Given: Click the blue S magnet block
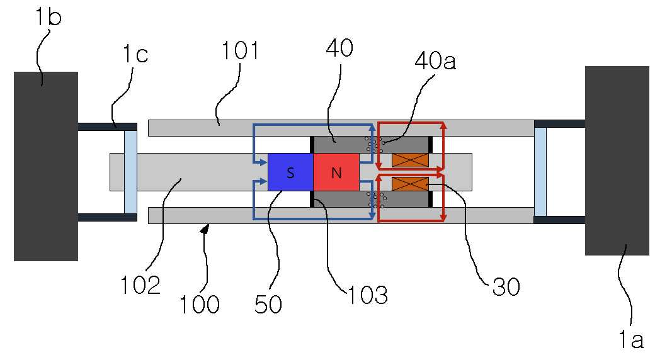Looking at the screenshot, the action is coord(290,172).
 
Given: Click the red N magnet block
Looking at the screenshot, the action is coord(336,172).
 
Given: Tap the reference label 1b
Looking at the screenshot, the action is coord(48,18).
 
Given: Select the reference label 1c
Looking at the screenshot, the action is coord(135,54).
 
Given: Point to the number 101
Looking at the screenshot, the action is coord(240,50).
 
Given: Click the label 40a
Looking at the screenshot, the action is coord(435,61).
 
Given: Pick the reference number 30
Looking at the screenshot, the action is coord(506,287).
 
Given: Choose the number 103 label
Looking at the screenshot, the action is coord(368,295).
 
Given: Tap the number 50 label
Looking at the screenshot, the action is coord(268,304).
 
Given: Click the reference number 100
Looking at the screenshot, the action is coord(200,304).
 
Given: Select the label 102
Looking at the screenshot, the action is coord(140,286).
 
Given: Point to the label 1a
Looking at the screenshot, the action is coord(631,339).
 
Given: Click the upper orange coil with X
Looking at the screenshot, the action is coord(410,160).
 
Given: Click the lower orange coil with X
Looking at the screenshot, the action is coord(410,183).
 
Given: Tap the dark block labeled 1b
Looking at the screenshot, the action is coord(46,166).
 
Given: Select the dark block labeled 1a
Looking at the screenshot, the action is coord(617,160).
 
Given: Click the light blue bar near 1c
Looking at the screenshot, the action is coord(131,172).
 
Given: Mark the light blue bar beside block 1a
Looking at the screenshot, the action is coord(540,172).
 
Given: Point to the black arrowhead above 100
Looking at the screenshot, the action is coord(205,228).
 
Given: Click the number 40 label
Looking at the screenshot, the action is coord(339,48).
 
